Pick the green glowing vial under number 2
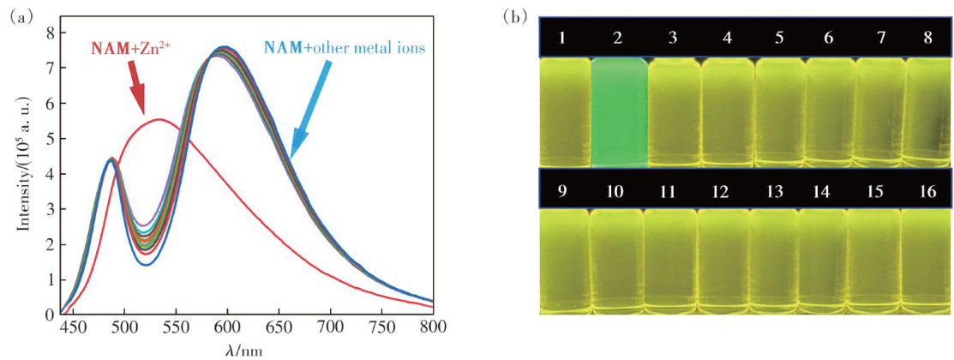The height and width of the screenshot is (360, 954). click(617, 111)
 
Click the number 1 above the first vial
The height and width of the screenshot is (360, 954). click(561, 39)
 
